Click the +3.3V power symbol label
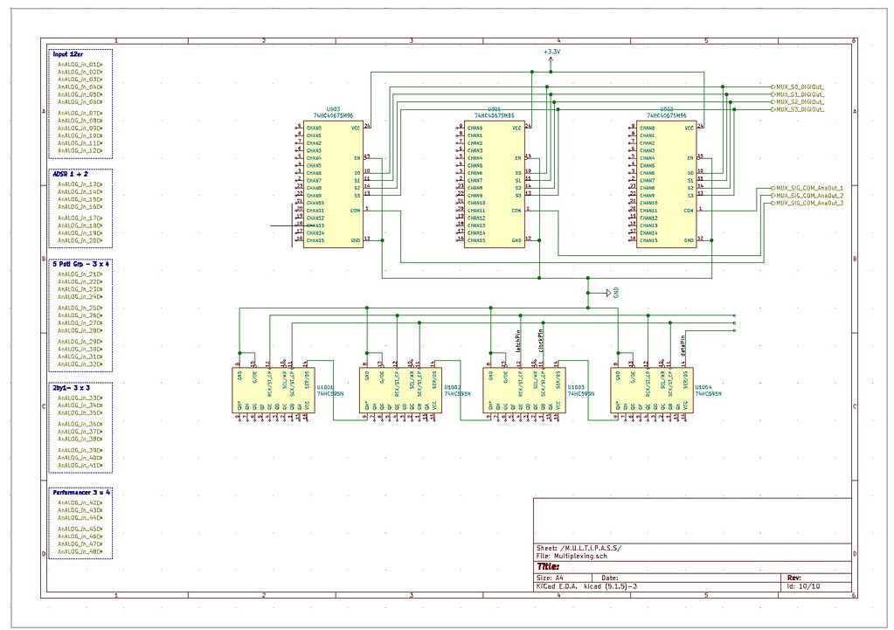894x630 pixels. tap(551, 52)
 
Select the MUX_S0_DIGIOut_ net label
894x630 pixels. tap(799, 87)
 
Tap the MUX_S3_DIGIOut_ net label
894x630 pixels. tap(799, 109)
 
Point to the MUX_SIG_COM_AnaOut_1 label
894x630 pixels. tap(809, 188)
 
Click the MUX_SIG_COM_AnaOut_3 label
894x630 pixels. tap(809, 203)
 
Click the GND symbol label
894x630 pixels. tap(616, 293)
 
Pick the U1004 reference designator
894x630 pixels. tap(703, 386)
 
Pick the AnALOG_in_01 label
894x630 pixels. tap(78, 64)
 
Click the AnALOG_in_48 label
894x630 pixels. tap(78, 551)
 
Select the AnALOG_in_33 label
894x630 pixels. tap(78, 398)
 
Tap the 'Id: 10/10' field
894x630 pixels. tap(801, 586)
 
